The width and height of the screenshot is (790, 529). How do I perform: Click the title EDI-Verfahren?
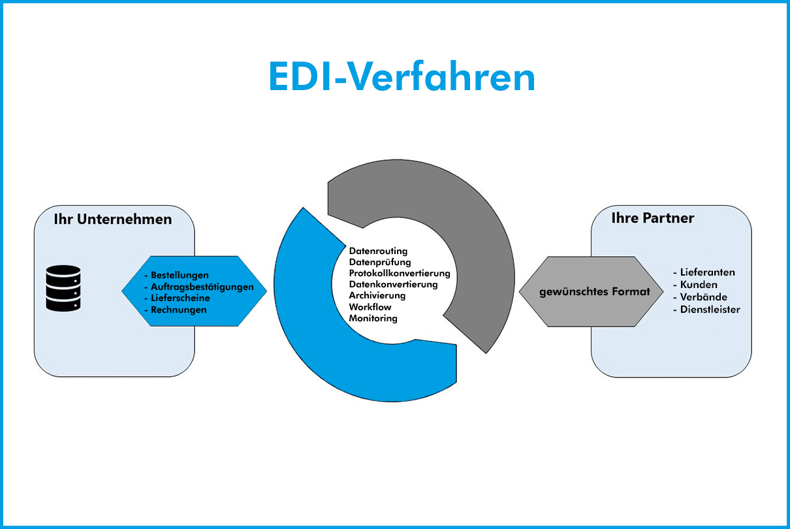(x=402, y=77)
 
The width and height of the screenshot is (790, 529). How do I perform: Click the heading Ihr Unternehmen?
(x=113, y=219)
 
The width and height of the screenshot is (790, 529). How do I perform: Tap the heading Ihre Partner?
(x=652, y=218)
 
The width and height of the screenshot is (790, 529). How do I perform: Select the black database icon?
(x=63, y=288)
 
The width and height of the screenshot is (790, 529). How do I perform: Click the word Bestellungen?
(x=180, y=275)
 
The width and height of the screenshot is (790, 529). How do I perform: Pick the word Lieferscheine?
(x=180, y=298)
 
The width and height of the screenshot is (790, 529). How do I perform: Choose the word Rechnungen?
(x=178, y=310)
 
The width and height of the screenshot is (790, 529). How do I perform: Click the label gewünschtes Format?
(x=594, y=291)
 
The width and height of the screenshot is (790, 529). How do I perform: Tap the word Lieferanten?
(x=707, y=272)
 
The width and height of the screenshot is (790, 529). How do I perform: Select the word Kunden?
(x=698, y=285)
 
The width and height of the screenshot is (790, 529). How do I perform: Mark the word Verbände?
(x=703, y=297)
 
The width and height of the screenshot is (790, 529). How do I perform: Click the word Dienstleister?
(x=710, y=310)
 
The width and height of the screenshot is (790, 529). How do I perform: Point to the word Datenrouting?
(x=378, y=251)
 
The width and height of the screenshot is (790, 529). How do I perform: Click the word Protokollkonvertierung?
(x=400, y=273)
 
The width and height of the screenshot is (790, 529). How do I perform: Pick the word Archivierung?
(x=377, y=295)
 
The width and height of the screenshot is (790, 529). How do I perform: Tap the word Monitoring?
(x=373, y=318)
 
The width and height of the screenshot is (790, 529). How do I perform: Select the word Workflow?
(x=370, y=307)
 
